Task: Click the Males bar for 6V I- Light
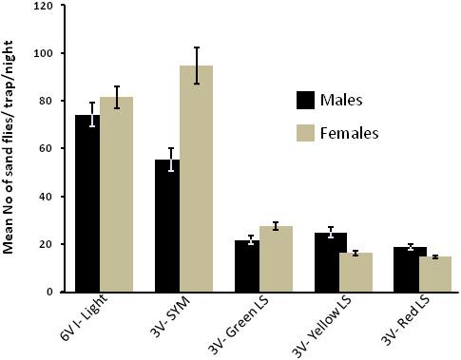88,203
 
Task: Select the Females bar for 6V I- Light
116,195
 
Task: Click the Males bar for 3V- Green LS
247,266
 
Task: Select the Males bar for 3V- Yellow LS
325,262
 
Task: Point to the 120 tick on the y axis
42,6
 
